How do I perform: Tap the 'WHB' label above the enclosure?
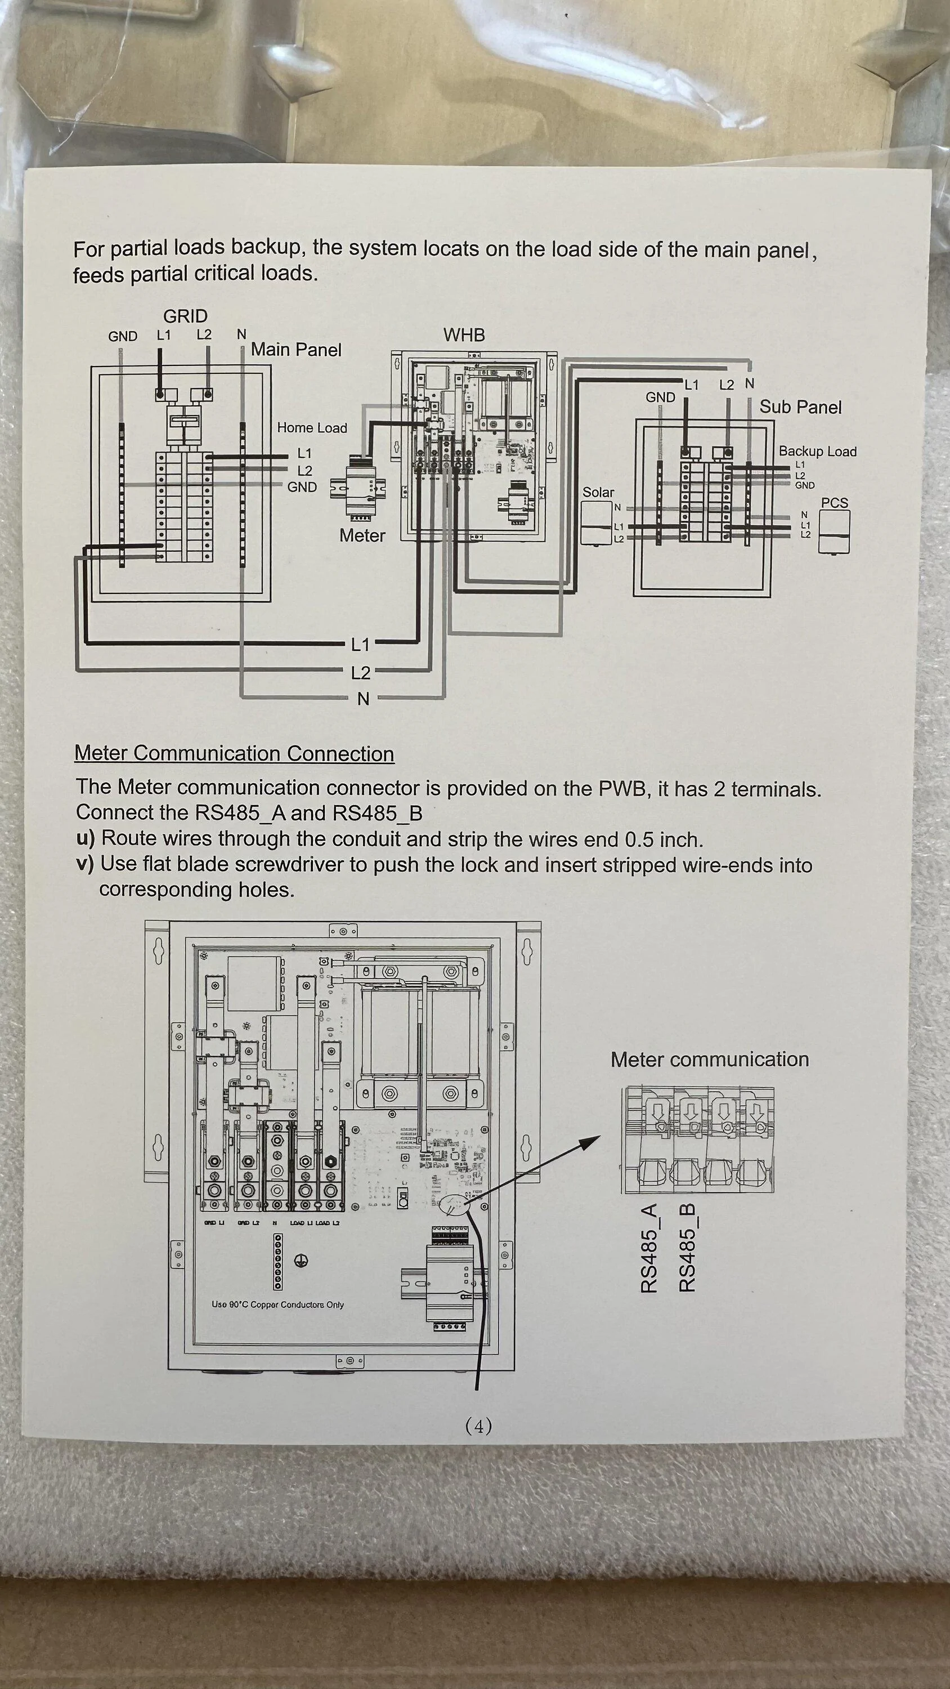tap(464, 335)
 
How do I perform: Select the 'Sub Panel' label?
tap(800, 407)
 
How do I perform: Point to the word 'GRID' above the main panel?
tap(185, 316)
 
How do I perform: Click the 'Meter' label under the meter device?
tap(362, 535)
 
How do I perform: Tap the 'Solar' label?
tap(598, 493)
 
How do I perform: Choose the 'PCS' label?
tap(834, 503)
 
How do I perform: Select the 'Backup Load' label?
tap(817, 451)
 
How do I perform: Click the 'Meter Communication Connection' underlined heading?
tap(234, 753)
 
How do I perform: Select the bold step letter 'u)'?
tap(85, 839)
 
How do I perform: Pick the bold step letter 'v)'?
tap(85, 864)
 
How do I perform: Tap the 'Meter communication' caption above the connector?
tap(709, 1060)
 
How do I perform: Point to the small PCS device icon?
tap(834, 531)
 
